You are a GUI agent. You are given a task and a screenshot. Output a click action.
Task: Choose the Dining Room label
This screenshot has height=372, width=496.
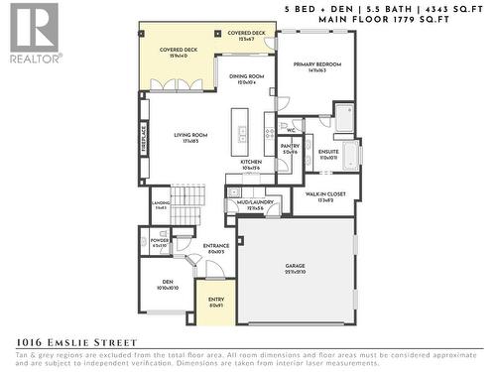point(246,79)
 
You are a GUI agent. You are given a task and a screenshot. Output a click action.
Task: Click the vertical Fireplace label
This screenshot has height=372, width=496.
point(144,135)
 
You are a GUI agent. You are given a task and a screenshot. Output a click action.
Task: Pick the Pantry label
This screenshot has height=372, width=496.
point(290,149)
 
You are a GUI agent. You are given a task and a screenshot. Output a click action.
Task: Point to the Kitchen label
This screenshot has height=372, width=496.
point(251,164)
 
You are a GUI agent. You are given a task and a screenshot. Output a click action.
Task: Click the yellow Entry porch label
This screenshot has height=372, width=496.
point(215,303)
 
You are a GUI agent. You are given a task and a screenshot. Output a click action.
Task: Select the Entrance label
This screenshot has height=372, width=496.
point(216,248)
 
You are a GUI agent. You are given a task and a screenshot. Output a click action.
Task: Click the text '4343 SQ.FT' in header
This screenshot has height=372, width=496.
point(457,9)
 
